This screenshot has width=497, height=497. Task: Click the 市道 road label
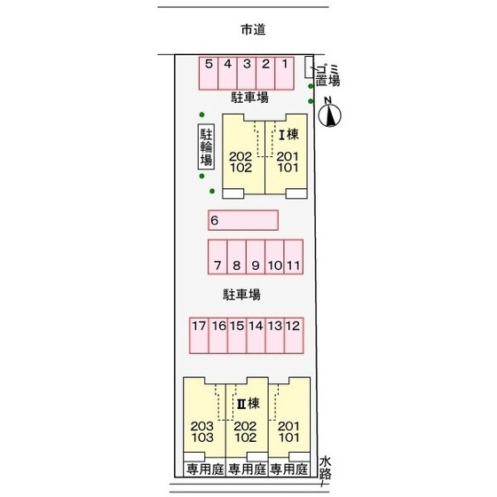coord(253,30)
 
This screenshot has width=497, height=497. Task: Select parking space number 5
coord(209,74)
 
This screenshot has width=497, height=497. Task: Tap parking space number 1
coord(284,74)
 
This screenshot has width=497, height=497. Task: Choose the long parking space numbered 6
coord(243,220)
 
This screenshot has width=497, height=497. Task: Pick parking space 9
coord(256,256)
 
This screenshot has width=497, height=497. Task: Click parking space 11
coord(294,256)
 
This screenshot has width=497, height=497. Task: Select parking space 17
coord(199,335)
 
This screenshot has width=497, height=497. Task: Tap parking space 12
coord(294,335)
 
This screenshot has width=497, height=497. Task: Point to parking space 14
coord(256,335)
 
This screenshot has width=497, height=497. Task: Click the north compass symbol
coord(329,114)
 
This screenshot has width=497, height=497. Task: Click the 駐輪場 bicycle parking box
coord(206,146)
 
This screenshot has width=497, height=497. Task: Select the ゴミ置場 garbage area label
coord(327,75)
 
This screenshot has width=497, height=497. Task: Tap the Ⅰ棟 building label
coord(288,135)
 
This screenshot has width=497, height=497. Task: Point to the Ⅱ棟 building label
coord(248,404)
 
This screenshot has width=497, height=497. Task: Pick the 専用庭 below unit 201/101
coord(289,469)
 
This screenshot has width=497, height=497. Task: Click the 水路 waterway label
coord(325,468)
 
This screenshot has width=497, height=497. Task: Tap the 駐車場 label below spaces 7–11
coord(241,295)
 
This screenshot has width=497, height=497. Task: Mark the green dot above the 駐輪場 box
coord(201,114)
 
